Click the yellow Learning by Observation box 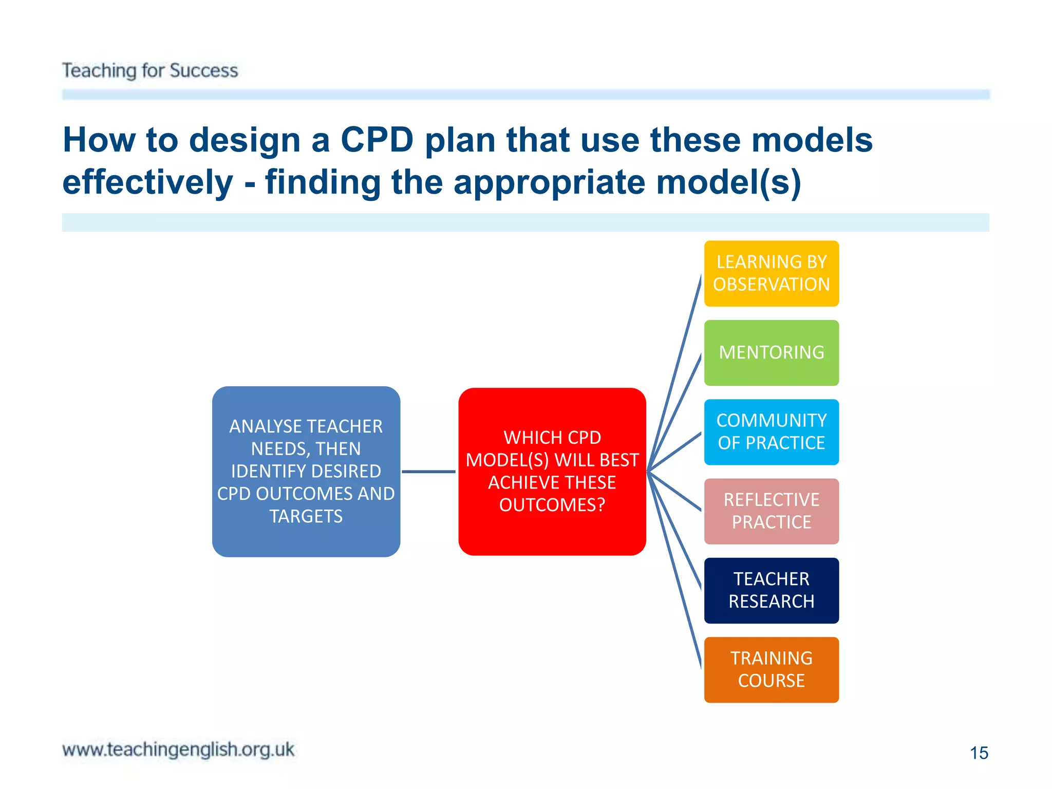[x=771, y=273]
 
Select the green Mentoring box [x=771, y=353]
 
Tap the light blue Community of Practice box [x=771, y=432]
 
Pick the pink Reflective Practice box [x=771, y=511]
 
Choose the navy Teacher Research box [x=771, y=590]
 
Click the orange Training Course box [x=771, y=670]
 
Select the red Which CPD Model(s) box [x=552, y=471]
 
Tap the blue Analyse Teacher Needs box [x=306, y=471]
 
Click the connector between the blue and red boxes [x=429, y=471]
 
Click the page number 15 [x=979, y=753]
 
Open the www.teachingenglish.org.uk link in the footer [x=178, y=749]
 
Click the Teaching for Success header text [x=150, y=70]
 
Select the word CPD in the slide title [x=377, y=140]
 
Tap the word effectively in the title [x=148, y=182]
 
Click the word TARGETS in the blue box [x=306, y=516]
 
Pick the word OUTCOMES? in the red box [x=552, y=505]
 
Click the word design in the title [x=245, y=140]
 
